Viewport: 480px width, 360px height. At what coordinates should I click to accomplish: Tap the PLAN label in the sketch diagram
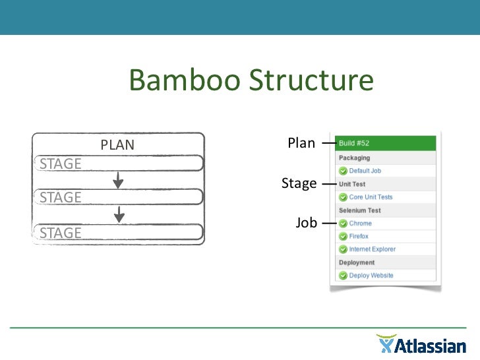(x=117, y=145)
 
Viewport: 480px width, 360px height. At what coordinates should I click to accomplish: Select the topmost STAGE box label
(x=61, y=164)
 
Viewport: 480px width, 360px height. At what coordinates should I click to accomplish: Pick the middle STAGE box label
(x=61, y=197)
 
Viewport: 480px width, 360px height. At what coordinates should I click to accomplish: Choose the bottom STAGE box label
(x=61, y=232)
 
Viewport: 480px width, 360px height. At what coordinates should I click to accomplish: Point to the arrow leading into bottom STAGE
(x=119, y=214)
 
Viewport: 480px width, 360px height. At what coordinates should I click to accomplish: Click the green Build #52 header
(x=385, y=143)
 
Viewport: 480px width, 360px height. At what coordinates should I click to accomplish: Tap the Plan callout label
(x=301, y=143)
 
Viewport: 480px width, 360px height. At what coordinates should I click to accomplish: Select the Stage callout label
(x=299, y=183)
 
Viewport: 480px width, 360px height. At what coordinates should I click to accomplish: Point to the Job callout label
(x=306, y=223)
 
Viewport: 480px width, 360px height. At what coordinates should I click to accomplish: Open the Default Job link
(x=365, y=171)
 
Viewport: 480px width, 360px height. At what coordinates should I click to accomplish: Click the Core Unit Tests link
(x=371, y=197)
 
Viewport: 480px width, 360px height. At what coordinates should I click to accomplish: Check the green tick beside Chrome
(x=343, y=224)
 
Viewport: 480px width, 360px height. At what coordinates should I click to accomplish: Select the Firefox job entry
(x=359, y=236)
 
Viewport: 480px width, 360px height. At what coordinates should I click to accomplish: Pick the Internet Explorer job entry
(x=372, y=249)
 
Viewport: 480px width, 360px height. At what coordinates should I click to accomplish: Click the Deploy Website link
(x=371, y=276)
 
